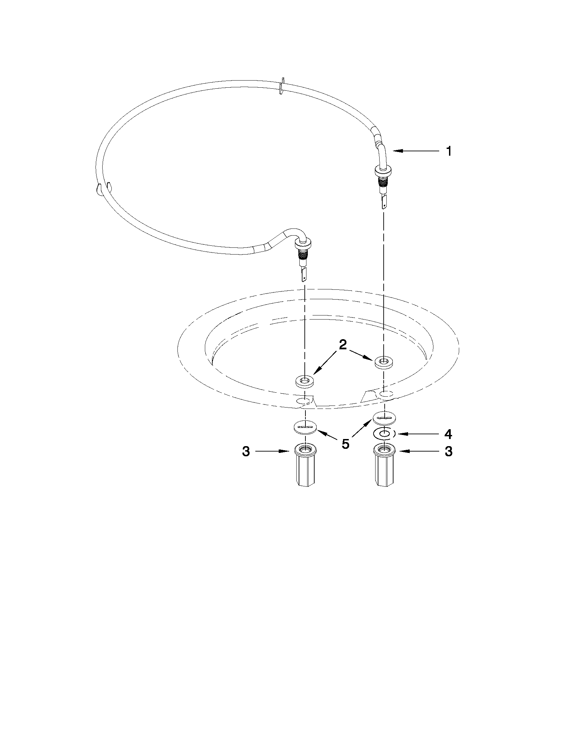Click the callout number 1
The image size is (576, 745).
pyautogui.click(x=449, y=151)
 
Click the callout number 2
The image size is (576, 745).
pyautogui.click(x=343, y=345)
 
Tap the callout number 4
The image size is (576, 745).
pyautogui.click(x=448, y=434)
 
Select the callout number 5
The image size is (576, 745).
pyautogui.click(x=346, y=444)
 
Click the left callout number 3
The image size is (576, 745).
pyautogui.click(x=246, y=451)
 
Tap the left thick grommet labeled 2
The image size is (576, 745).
pyautogui.click(x=304, y=381)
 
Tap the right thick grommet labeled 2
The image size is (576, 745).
pyautogui.click(x=384, y=361)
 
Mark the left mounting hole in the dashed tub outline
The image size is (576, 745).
pyautogui.click(x=304, y=401)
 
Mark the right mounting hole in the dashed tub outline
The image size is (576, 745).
pyautogui.click(x=386, y=394)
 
